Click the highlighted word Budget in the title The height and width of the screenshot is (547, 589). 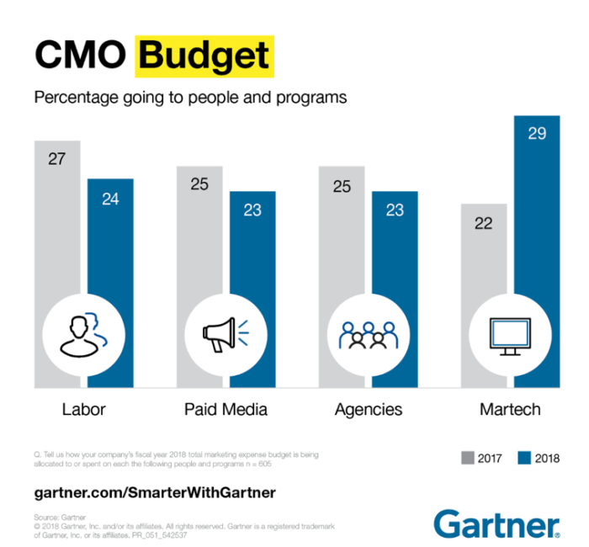tap(204, 56)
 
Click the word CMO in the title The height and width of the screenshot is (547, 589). tap(81, 56)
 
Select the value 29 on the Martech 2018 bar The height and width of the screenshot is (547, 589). tap(537, 133)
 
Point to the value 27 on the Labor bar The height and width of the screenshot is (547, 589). tap(57, 158)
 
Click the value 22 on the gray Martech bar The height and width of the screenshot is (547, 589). tap(484, 223)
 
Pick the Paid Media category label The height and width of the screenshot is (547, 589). tap(226, 410)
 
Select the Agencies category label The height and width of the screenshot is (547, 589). tap(368, 410)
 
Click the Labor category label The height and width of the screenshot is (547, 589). tap(83, 410)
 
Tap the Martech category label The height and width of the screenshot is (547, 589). tap(509, 410)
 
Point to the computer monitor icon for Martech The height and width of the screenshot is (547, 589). tap(510, 334)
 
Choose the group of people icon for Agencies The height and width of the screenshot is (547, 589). tap(368, 334)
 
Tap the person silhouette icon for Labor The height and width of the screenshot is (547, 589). tap(83, 334)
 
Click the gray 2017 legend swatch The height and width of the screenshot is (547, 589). tap(468, 458)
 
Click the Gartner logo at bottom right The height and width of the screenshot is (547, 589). tap(496, 523)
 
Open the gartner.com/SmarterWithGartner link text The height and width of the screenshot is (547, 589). tap(155, 491)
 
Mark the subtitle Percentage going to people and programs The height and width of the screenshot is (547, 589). tap(190, 97)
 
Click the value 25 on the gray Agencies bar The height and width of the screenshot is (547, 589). tap(342, 186)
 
